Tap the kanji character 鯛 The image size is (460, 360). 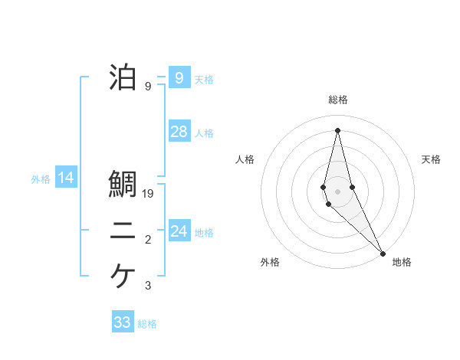point(123,185)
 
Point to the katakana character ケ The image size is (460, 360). point(123,276)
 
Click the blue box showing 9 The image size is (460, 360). point(179,77)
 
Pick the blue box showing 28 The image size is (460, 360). point(179,132)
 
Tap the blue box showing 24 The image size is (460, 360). point(179,231)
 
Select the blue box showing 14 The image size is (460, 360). point(66,178)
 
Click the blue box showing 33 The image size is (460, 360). point(123,322)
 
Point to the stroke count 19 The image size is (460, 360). point(149,195)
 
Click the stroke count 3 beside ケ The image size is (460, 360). point(148,286)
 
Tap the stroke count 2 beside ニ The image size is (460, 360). point(148,241)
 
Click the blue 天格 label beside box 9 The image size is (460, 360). point(204,80)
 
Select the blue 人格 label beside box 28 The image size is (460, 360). point(204,133)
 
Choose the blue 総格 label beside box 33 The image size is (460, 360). point(147,324)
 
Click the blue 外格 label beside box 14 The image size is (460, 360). point(41,180)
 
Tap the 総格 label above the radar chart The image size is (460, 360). point(338,100)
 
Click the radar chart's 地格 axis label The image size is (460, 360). point(402,262)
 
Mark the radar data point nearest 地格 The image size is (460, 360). point(383,252)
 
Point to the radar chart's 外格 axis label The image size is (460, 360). point(270,262)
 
